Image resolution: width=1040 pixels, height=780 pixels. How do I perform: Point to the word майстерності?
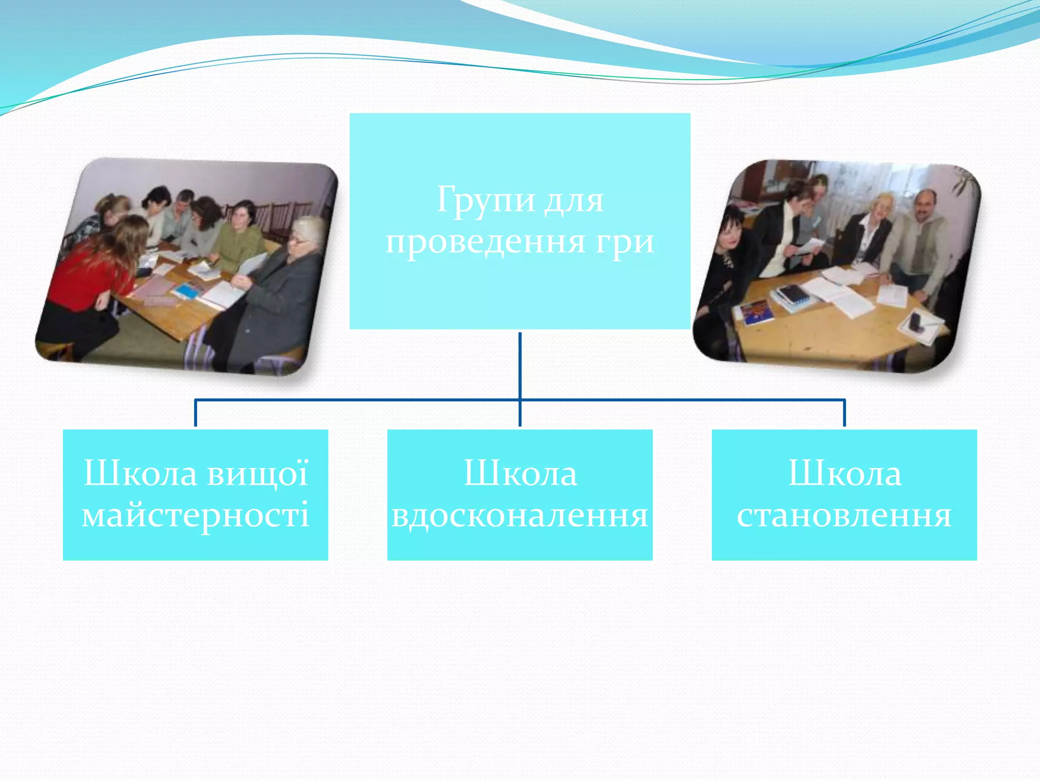click(x=196, y=515)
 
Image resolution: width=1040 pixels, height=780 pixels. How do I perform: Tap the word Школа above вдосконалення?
click(x=520, y=473)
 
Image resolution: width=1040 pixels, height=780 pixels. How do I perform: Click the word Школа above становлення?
click(x=844, y=473)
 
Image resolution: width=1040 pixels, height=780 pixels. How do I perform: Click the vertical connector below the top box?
click(x=520, y=366)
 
